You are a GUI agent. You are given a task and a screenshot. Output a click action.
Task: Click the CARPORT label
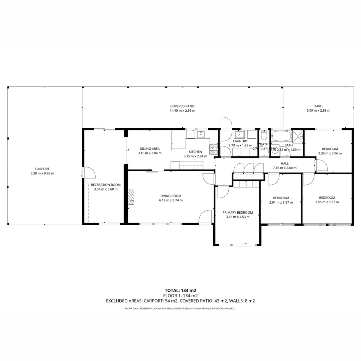[x=42, y=169]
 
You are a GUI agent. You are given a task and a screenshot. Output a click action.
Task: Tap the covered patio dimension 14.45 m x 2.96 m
[x=182, y=111]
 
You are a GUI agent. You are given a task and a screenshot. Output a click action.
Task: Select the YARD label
[x=318, y=106]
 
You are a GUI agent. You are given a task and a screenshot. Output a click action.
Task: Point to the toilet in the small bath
[x=264, y=137]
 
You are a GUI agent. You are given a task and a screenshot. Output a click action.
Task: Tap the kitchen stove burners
[x=213, y=149]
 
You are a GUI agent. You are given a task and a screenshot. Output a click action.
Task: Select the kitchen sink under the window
[x=201, y=135]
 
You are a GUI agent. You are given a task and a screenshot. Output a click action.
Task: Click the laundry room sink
[x=240, y=135]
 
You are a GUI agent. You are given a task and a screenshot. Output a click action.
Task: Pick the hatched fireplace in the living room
[x=131, y=197]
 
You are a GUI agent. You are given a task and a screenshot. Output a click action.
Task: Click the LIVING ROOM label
[x=171, y=196]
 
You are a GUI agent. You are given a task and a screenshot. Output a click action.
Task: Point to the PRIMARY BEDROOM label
[x=238, y=212]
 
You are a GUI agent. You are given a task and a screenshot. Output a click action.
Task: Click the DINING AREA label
[x=149, y=149]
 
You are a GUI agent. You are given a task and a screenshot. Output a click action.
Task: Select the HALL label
[x=285, y=163]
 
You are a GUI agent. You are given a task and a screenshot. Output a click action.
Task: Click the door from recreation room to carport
[x=88, y=172]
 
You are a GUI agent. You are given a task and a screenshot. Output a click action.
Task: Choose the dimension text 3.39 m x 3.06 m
[x=330, y=153]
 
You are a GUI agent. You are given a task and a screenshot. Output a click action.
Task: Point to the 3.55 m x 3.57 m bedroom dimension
[x=327, y=202]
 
